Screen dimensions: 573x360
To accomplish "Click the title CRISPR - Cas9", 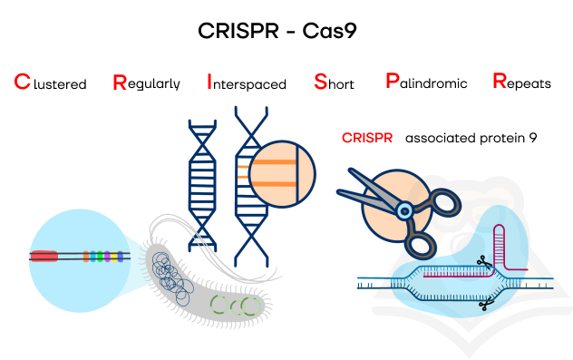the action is [277, 30].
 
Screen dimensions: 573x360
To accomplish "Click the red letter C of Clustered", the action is [22, 82].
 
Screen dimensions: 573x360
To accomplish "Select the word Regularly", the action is [146, 83].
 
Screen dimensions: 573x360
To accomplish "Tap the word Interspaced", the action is [247, 82].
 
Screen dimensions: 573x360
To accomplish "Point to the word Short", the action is [334, 82].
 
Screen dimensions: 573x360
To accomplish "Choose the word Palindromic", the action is [426, 81].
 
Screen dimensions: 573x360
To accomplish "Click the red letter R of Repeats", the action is [500, 81].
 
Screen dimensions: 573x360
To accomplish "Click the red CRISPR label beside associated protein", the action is [367, 138].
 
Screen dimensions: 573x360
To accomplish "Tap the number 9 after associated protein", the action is [533, 138].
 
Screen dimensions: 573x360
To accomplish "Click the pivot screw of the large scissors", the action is [404, 211].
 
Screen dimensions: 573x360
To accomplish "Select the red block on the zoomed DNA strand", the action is [44, 257].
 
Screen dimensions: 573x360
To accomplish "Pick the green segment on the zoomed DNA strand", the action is [100, 257].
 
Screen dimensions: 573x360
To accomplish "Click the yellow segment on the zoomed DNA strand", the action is [114, 257].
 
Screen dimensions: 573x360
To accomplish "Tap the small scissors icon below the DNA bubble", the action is [486, 304].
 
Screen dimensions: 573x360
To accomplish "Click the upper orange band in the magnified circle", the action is [274, 162].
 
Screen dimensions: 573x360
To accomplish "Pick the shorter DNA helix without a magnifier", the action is [202, 186].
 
